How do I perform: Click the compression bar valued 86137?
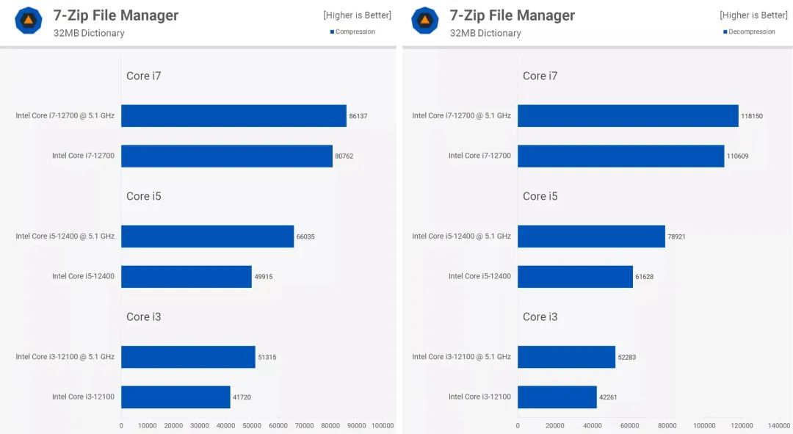pos(233,116)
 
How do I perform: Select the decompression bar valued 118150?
pos(628,116)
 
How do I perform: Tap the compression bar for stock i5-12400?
pos(187,276)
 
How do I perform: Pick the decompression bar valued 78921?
pos(591,236)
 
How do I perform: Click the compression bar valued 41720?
pos(175,397)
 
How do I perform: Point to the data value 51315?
pos(267,358)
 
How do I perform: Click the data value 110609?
pos(738,156)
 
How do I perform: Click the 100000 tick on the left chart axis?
pos(383,425)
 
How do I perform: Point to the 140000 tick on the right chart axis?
pos(779,425)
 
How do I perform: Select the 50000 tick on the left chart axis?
pos(252,425)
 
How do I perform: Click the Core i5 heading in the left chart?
pos(144,196)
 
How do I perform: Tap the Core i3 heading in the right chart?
pos(540,317)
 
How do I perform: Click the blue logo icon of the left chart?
pos(29,21)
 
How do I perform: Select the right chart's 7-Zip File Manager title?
pos(512,15)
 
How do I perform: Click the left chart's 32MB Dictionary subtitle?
pos(89,33)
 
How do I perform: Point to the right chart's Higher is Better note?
pos(753,15)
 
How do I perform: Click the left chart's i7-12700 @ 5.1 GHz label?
pos(65,116)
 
